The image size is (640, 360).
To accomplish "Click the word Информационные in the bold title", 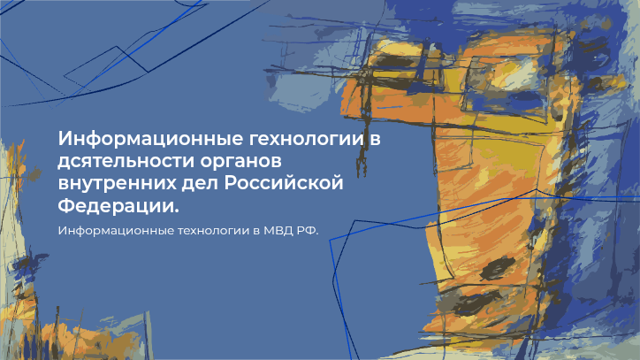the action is [x=150, y=140].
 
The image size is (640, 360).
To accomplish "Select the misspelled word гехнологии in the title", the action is [x=307, y=140].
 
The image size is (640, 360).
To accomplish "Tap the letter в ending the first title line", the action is [x=375, y=140].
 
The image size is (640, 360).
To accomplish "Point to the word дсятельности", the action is [x=126, y=162].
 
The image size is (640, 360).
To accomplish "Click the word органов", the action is [x=240, y=163].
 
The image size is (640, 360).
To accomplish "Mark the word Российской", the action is [x=284, y=183].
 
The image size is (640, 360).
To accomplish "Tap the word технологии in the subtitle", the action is [x=213, y=231].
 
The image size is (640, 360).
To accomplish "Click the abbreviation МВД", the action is [x=278, y=231].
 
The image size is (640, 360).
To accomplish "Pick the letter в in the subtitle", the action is [x=256, y=231].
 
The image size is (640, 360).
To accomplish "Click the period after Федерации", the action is [x=176, y=211].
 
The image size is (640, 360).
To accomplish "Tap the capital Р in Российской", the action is [x=230, y=183].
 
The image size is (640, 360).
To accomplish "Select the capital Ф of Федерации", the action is [x=65, y=205].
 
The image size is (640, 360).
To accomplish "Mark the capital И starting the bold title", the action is [x=65, y=139].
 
